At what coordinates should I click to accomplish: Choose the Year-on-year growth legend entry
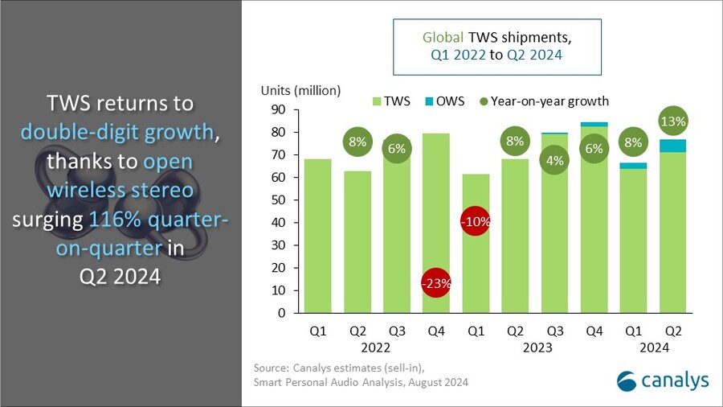pyautogui.click(x=547, y=101)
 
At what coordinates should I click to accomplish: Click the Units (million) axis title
pyautogui.click(x=300, y=89)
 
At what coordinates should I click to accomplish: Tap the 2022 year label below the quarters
pyautogui.click(x=375, y=347)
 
